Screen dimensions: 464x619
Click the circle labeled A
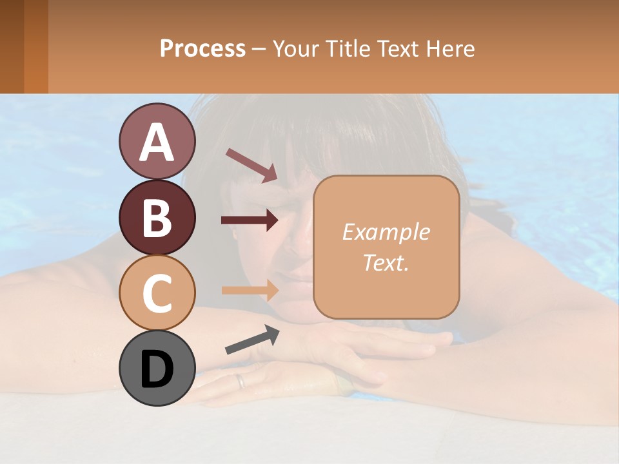point(157,141)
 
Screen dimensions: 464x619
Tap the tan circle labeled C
point(157,292)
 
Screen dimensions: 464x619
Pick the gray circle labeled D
point(157,368)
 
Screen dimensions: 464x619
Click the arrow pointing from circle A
point(251,164)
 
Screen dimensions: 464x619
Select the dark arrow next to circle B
point(250,220)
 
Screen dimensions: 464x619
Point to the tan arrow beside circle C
point(250,290)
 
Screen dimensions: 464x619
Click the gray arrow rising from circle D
point(252,340)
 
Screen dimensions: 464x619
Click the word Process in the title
point(202,48)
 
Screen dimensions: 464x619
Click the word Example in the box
point(386,232)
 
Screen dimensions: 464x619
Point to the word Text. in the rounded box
point(386,262)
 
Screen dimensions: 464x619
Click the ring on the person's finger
point(240,381)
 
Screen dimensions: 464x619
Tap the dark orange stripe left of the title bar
point(36,46)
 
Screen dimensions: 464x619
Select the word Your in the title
point(293,48)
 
